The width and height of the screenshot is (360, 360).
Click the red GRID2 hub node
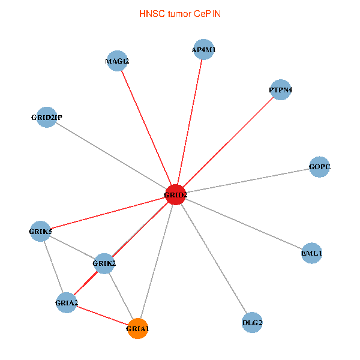tap(175, 195)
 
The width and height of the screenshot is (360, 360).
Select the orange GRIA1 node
tap(138, 328)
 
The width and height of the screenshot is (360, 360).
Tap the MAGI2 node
tap(117, 61)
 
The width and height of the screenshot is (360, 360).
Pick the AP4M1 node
tap(203, 50)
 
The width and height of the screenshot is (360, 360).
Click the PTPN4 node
tap(280, 90)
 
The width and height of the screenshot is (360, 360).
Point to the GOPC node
tap(320, 166)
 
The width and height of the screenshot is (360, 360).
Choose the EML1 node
tap(312, 253)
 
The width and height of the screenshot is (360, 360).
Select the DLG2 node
tap(252, 323)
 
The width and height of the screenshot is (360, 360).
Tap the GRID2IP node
tap(47, 118)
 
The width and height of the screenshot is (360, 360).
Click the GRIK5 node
tap(41, 231)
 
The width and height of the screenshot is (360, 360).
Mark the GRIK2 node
tap(104, 263)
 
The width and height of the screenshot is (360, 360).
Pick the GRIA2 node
tap(67, 302)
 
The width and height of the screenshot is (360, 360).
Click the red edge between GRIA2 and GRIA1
tap(102, 315)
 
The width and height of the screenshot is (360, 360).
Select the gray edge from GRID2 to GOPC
tap(247, 181)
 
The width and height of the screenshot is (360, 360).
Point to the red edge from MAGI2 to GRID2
tap(146, 128)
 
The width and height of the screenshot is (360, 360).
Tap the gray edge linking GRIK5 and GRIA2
tap(53, 266)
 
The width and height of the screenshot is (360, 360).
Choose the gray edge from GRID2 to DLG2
tap(214, 259)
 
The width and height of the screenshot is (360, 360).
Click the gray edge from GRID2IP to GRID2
tap(111, 156)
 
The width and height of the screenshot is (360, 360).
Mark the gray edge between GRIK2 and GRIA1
tap(121, 296)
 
